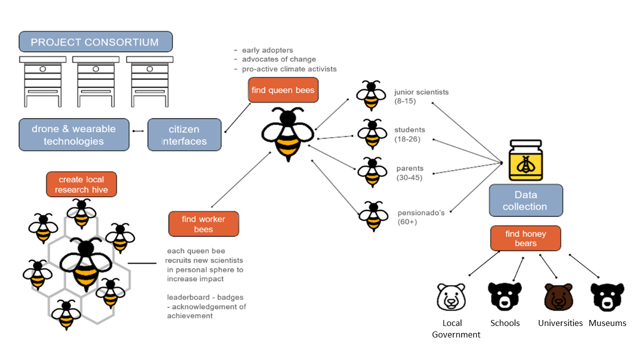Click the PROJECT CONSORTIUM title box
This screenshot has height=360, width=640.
click(95, 42)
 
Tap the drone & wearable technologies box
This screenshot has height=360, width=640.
click(74, 135)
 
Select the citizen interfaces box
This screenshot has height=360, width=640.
click(184, 135)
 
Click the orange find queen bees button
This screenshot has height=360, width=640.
click(283, 90)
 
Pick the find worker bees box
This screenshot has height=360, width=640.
click(203, 224)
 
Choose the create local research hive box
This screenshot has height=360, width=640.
click(81, 184)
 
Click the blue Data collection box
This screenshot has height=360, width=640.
click(525, 200)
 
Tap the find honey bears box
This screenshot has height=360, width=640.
click(525, 238)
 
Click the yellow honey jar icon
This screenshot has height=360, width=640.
click(525, 160)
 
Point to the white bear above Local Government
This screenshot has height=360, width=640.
click(451, 296)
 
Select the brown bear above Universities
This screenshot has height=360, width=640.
click(558, 297)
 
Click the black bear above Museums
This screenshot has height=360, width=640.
click(607, 297)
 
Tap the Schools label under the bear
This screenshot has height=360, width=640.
click(505, 323)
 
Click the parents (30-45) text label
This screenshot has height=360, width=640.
click(409, 172)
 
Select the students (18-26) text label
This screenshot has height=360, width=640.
click(409, 134)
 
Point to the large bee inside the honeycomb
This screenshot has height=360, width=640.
click(86, 264)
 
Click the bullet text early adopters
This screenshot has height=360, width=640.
click(267, 50)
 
